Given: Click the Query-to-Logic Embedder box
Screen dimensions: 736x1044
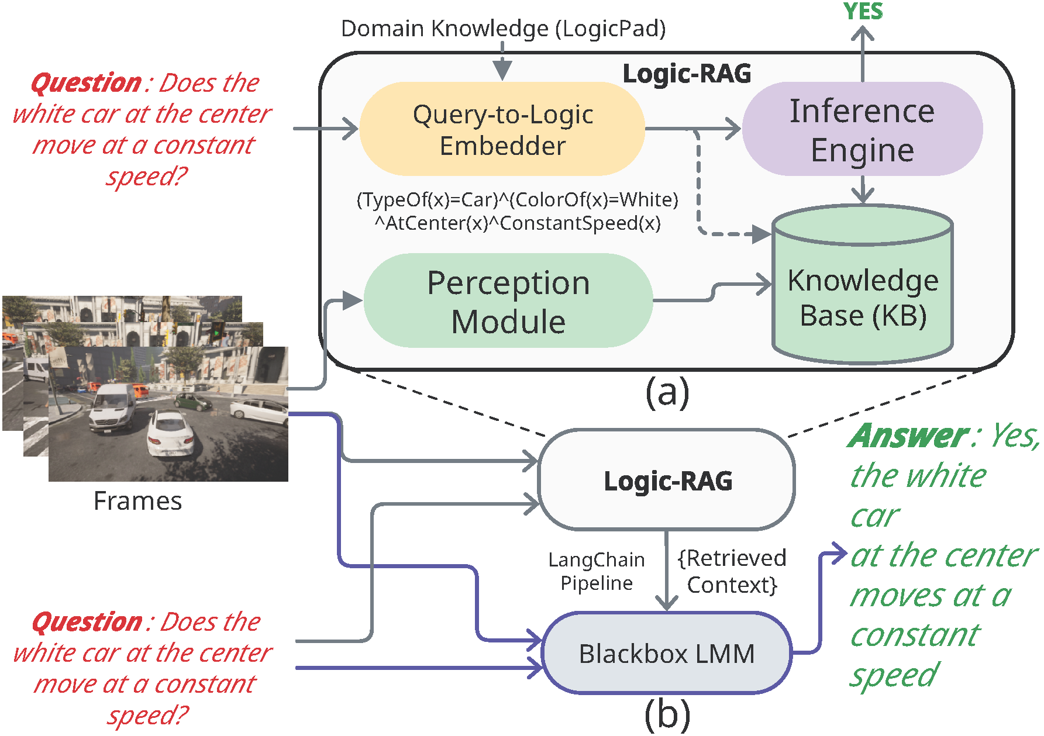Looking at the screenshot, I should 502,129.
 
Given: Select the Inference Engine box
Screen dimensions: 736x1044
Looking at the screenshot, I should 862,129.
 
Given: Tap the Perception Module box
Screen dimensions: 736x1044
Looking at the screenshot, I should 508,301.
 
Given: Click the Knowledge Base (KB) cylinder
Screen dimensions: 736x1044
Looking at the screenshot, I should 863,292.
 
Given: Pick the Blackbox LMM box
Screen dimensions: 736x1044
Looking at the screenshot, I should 667,653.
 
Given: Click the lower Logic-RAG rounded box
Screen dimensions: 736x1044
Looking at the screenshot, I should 667,481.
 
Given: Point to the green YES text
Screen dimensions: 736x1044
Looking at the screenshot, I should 863,12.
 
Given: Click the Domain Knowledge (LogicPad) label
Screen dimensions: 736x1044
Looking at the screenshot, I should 503,29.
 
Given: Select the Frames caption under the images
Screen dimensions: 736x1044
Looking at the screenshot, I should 137,501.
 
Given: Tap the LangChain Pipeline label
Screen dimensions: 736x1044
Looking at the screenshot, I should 597,571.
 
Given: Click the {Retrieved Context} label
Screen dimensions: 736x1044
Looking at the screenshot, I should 732,571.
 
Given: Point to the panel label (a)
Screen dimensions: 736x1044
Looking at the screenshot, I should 667,392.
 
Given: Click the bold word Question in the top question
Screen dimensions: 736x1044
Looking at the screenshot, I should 86,83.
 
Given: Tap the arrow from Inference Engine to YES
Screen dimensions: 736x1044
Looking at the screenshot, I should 863,56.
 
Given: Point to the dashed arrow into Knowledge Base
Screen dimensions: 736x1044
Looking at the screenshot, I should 700,193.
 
